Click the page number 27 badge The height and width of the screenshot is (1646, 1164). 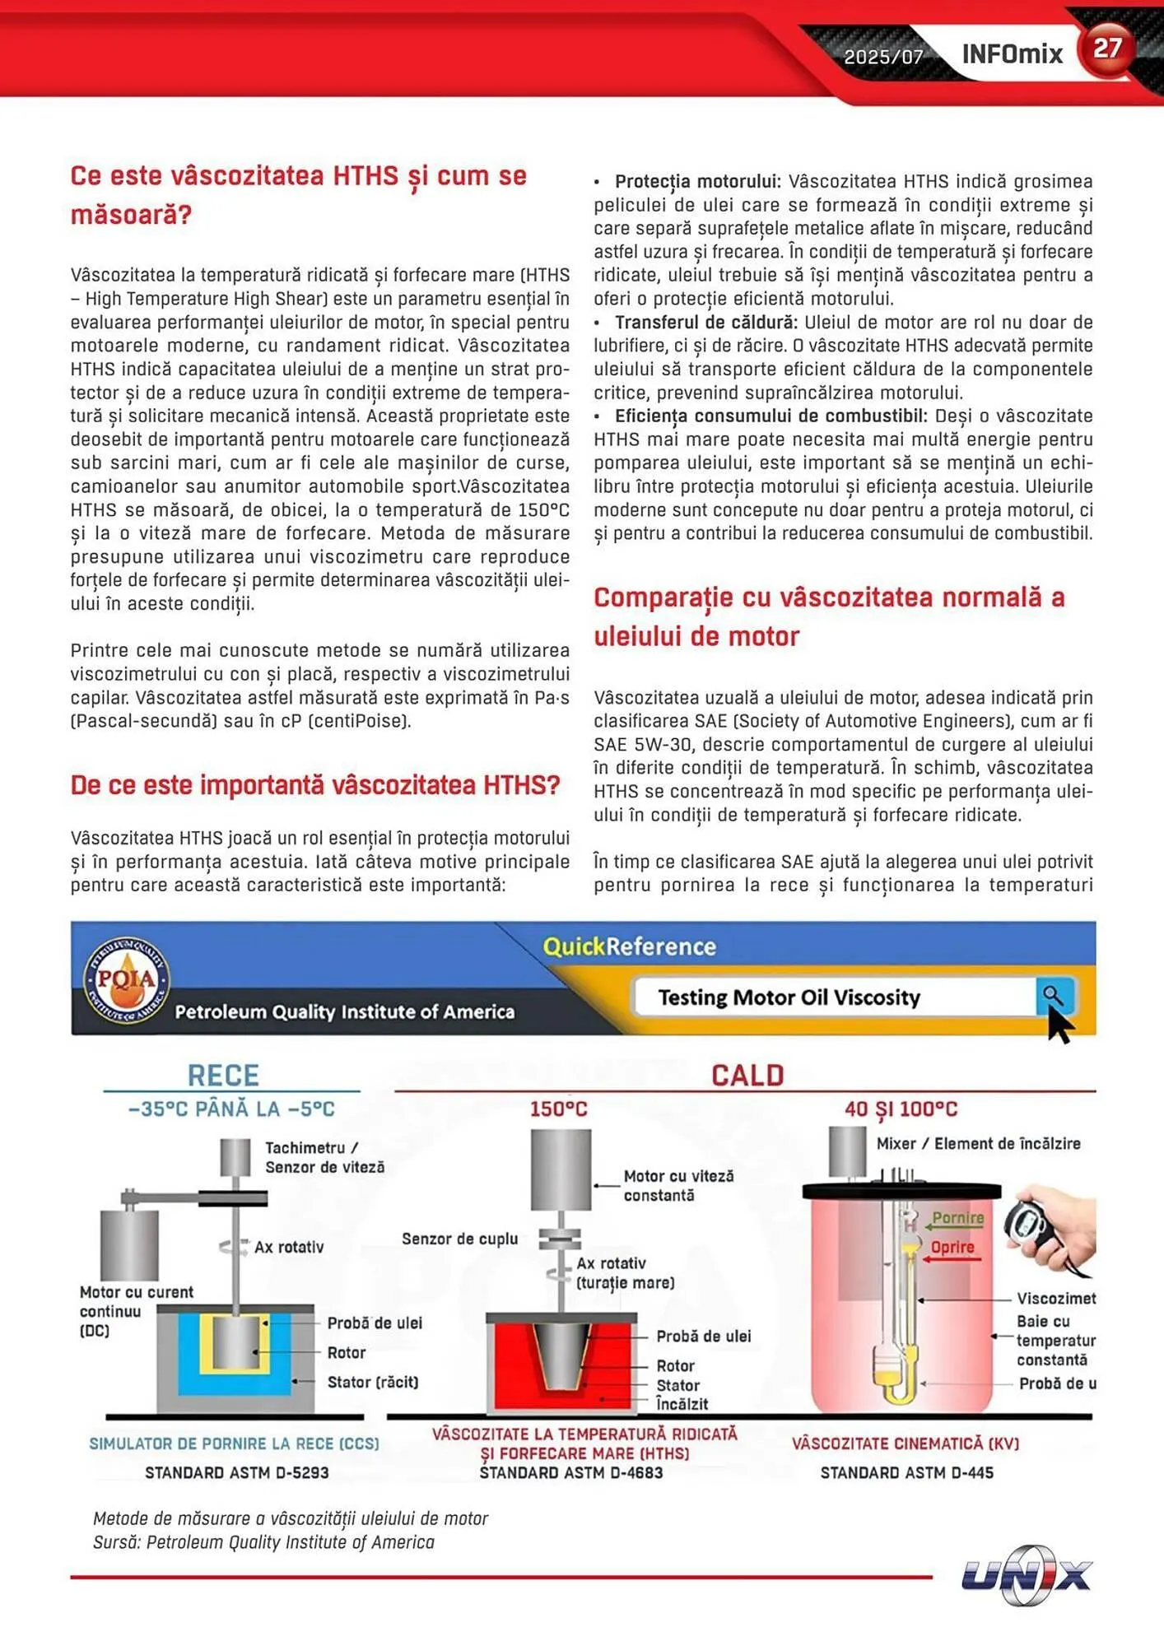pos(1107,49)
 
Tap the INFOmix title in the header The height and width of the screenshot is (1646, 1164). pos(1012,54)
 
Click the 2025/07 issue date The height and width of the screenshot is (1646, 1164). pos(883,57)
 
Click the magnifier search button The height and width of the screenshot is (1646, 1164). pos(1054,997)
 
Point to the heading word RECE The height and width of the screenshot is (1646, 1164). pos(223,1076)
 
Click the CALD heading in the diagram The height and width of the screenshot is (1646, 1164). pos(747,1076)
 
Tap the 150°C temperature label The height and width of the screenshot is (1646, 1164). pos(558,1109)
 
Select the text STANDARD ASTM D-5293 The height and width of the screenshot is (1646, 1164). pos(237,1472)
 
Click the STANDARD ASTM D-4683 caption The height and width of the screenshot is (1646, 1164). pos(571,1472)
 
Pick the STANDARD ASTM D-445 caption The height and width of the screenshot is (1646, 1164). pos(906,1472)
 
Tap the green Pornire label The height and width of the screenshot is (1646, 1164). pos(957,1218)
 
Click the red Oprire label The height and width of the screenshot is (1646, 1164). pos(952,1247)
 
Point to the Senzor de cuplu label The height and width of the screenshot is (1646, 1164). pos(459,1239)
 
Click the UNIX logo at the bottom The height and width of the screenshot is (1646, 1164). pos(1027,1575)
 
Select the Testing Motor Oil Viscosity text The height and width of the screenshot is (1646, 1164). pos(789,997)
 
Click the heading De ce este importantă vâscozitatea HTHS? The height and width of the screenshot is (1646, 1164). pos(315,785)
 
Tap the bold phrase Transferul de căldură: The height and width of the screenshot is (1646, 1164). pos(706,323)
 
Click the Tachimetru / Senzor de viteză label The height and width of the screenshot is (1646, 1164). pos(324,1157)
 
